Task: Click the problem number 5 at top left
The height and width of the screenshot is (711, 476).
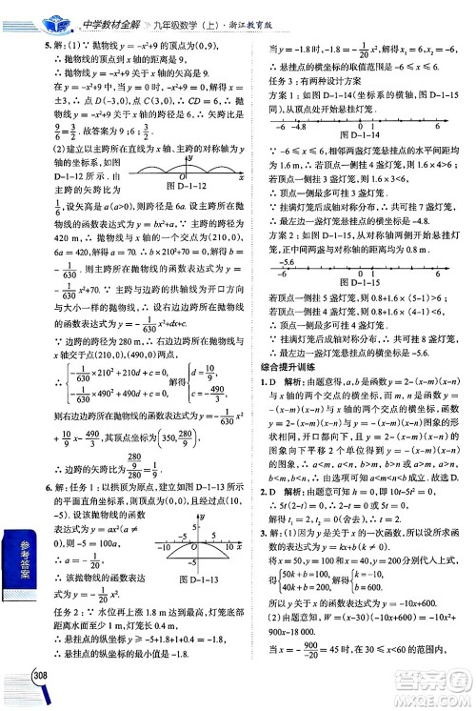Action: [35, 45]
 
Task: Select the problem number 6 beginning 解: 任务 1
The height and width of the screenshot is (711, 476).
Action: [35, 489]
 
